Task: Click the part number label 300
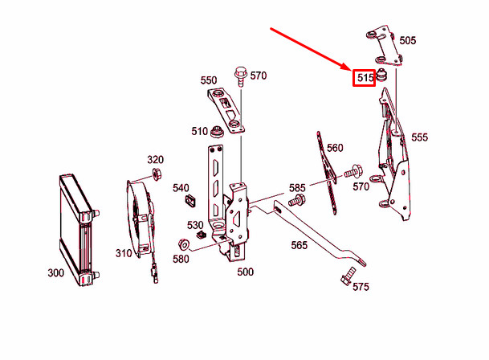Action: [x=55, y=273]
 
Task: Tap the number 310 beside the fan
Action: [x=123, y=253]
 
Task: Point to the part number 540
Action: [x=181, y=187]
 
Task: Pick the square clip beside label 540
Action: [x=191, y=201]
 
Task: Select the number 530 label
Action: [x=195, y=224]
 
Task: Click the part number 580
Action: [x=181, y=258]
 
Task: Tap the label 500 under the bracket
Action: [x=245, y=272]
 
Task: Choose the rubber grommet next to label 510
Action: [x=217, y=133]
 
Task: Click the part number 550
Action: [x=209, y=80]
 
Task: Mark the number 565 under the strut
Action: [x=299, y=245]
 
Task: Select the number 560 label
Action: [x=335, y=147]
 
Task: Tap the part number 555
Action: [x=420, y=137]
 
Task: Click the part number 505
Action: [x=408, y=39]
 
